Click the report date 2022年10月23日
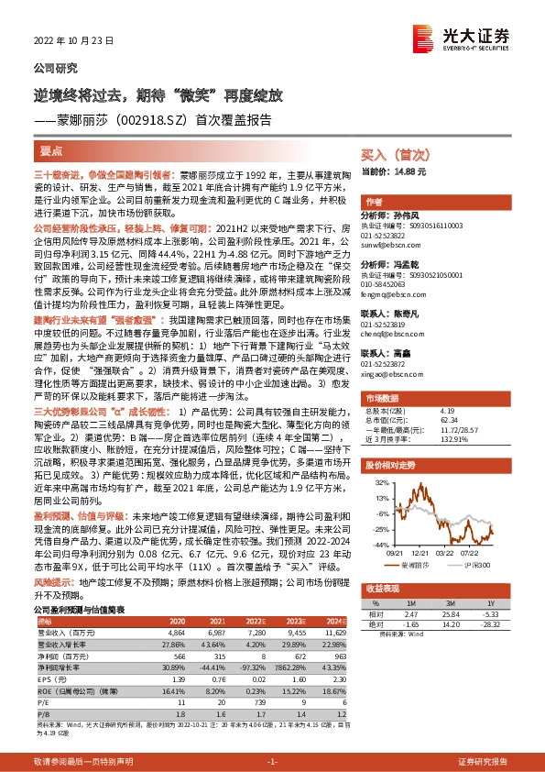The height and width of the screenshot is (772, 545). [67, 41]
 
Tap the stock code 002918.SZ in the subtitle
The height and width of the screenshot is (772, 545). [151, 119]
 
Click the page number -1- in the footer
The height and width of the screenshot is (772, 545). [272, 761]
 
